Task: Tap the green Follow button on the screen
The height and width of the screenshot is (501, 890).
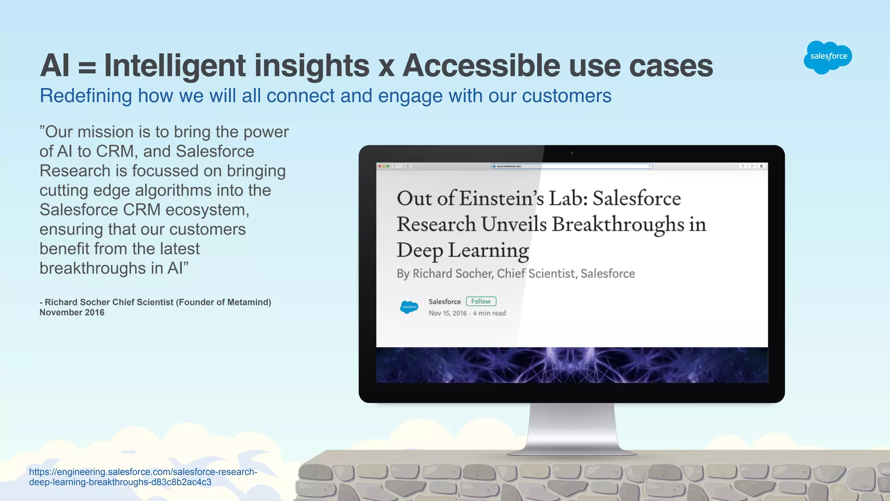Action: click(481, 301)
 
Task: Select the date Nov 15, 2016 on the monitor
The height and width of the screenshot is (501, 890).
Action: click(448, 313)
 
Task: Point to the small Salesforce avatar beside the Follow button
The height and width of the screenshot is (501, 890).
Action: click(409, 307)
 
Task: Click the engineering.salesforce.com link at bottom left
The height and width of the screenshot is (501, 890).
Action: click(143, 477)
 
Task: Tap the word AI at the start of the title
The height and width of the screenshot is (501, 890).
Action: click(55, 66)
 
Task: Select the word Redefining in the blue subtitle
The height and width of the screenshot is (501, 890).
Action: click(86, 96)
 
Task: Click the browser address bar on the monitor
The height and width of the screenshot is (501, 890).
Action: click(571, 166)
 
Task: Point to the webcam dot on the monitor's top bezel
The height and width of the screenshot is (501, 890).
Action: click(572, 153)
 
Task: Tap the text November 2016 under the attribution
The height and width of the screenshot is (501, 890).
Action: click(72, 312)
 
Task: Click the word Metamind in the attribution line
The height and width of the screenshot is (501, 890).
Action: click(246, 302)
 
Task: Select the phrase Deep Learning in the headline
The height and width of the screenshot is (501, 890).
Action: click(462, 250)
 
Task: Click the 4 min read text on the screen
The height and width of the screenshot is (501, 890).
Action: click(489, 313)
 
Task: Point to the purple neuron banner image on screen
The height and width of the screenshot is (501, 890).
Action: click(572, 365)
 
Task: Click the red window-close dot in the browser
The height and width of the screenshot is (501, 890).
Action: click(379, 166)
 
